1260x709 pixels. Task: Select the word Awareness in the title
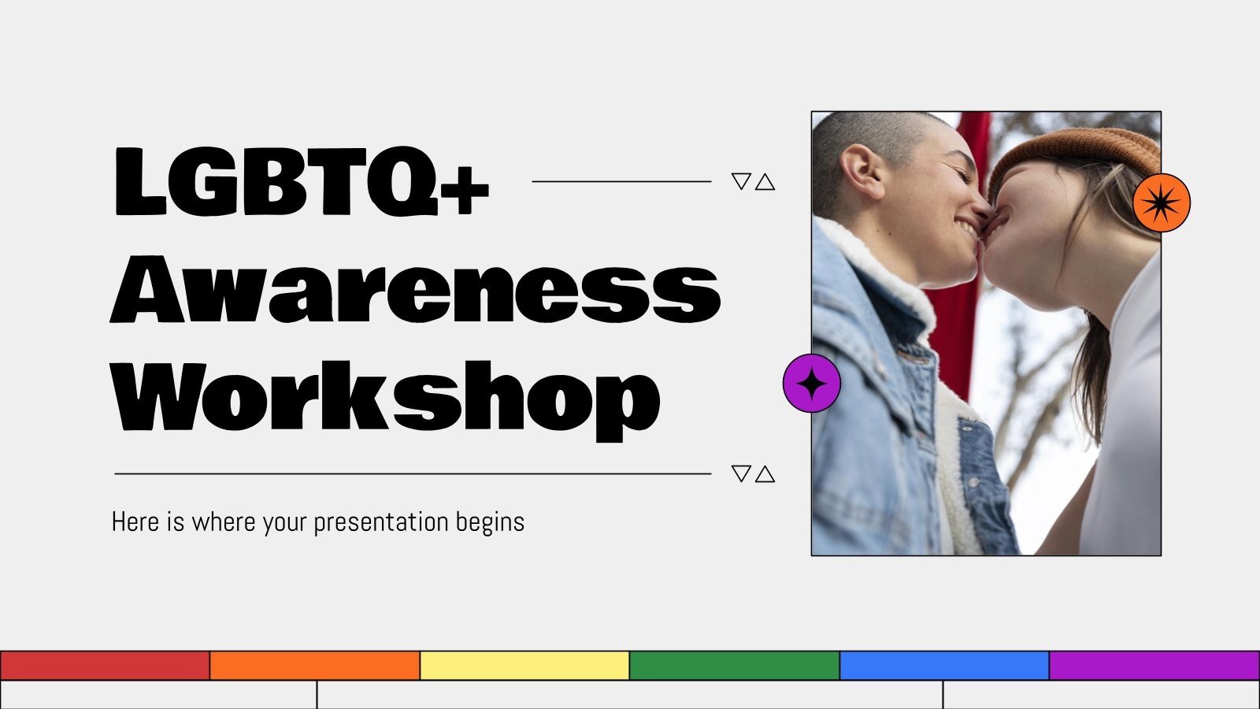[415, 289]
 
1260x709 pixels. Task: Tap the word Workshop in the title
[386, 396]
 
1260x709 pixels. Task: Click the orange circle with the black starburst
[1161, 203]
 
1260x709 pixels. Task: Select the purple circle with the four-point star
[812, 383]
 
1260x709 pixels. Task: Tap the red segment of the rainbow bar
[105, 666]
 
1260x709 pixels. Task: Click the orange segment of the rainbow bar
[315, 666]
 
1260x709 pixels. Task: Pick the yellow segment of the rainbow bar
[524, 666]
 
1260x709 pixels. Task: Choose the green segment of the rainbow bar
[735, 666]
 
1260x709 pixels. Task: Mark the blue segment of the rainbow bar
[944, 666]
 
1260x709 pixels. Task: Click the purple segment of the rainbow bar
[1154, 666]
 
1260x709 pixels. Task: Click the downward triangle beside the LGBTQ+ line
[741, 181]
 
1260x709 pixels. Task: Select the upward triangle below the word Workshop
[765, 474]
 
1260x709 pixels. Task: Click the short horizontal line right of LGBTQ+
[621, 181]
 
